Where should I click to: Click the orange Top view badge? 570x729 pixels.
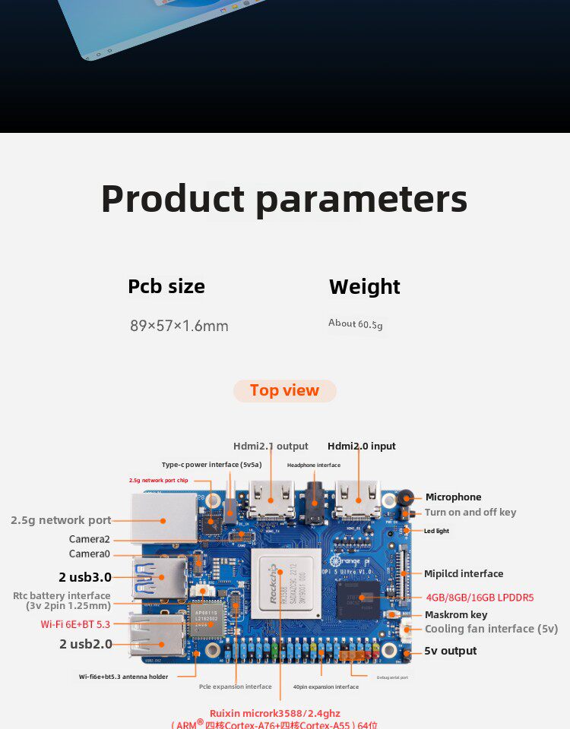click(284, 390)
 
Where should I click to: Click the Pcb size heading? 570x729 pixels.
click(166, 286)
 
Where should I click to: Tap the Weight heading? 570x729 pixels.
click(364, 287)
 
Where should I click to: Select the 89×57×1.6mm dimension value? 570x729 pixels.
click(179, 326)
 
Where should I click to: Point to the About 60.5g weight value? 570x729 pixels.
click(355, 324)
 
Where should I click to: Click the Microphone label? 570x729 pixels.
click(453, 497)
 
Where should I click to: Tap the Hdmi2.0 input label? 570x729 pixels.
click(361, 447)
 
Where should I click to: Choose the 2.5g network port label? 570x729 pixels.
click(61, 520)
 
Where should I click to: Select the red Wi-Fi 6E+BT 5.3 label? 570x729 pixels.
click(75, 624)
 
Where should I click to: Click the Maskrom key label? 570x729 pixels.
click(456, 614)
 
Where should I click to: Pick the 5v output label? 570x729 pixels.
click(450, 651)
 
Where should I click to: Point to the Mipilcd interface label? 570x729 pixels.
click(463, 574)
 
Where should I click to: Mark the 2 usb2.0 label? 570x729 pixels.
click(86, 644)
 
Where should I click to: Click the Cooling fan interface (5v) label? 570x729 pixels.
click(491, 629)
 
